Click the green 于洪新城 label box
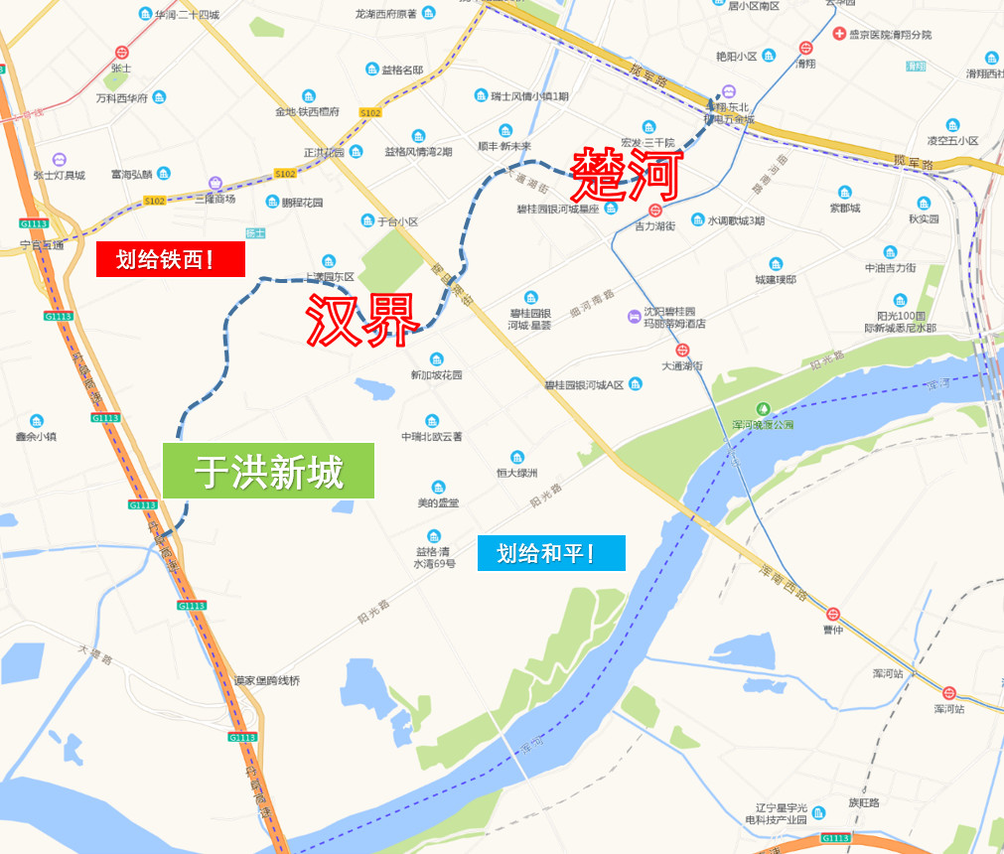coord(268,471)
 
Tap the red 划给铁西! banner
coord(170,260)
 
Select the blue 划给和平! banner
coord(550,553)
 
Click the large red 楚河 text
coord(627,175)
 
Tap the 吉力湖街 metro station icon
coord(654,211)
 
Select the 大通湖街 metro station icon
coord(682,350)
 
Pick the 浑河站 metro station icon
coord(949,693)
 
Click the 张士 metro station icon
coord(121,53)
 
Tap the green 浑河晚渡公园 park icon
coord(764,408)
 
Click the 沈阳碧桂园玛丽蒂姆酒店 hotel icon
coord(634,317)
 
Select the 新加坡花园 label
coord(436,375)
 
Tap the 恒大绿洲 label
coord(516,473)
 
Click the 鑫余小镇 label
coord(37,436)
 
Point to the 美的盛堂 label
coord(438,502)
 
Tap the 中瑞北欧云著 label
coord(432,436)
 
